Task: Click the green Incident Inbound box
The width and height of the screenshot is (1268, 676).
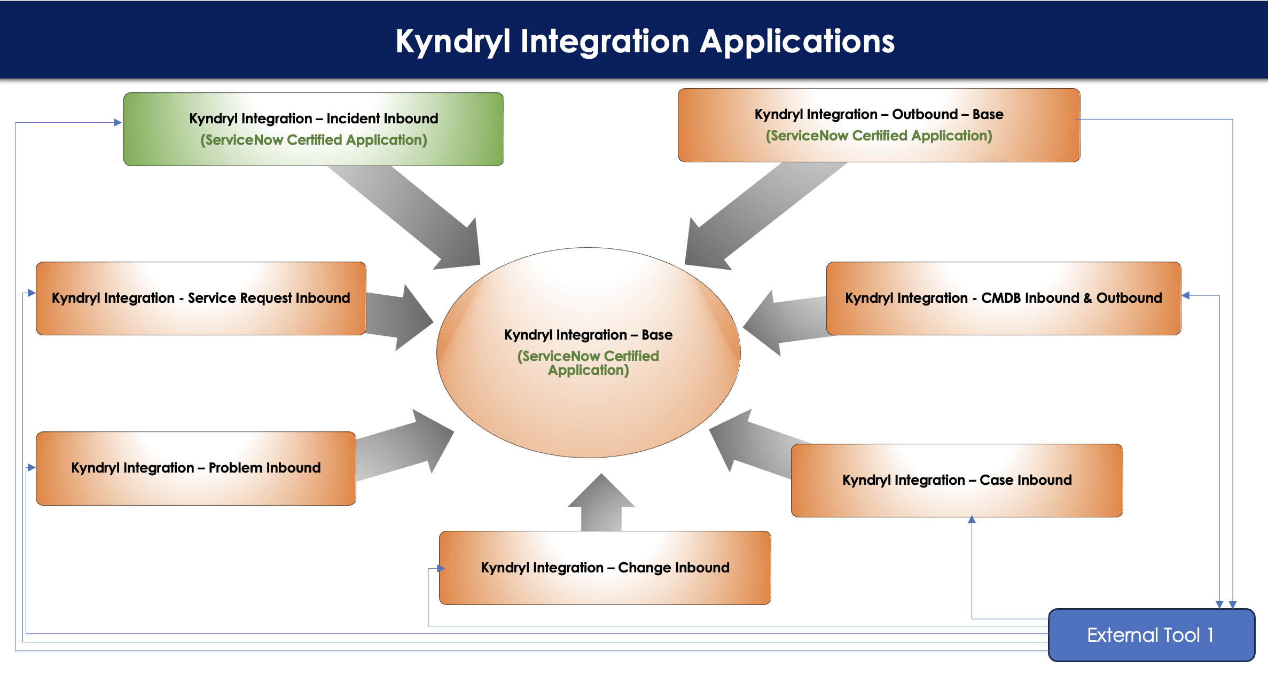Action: (x=314, y=129)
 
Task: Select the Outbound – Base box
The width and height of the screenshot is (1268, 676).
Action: (x=879, y=125)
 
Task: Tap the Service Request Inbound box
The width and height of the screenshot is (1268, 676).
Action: (x=201, y=298)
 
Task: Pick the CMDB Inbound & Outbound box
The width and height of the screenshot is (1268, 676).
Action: (x=1004, y=298)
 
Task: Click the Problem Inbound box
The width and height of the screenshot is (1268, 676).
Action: (x=195, y=468)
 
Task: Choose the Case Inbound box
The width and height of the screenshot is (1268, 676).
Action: (x=957, y=481)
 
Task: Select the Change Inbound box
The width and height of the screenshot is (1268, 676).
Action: (x=605, y=568)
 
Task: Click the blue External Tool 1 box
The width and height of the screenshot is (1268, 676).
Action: (x=1152, y=635)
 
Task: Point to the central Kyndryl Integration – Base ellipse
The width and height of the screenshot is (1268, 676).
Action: (x=588, y=352)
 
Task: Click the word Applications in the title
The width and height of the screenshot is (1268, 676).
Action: (x=797, y=42)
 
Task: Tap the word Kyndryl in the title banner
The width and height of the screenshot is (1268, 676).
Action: (x=453, y=42)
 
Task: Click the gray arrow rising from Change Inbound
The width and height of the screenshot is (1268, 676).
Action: (x=601, y=502)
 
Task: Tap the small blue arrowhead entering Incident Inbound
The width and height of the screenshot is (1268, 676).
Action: (x=118, y=122)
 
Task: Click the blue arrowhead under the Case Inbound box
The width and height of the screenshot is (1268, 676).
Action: (x=972, y=520)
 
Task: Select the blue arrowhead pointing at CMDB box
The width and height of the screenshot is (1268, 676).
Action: (x=1185, y=295)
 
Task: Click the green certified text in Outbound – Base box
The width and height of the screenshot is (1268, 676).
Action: (x=879, y=136)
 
